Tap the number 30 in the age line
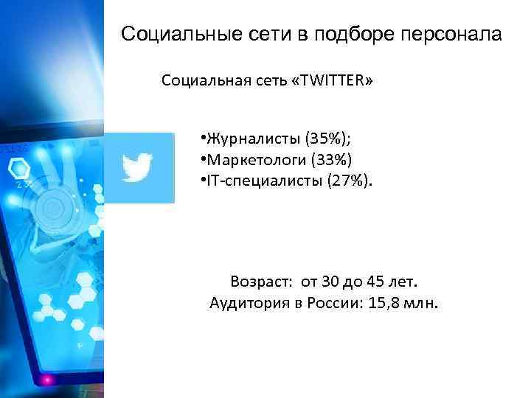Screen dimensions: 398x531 (331, 282)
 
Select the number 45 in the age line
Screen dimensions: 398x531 (376, 282)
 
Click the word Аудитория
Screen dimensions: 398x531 (246, 302)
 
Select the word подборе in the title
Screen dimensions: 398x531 (353, 34)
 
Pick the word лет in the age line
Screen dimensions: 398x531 (404, 282)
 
